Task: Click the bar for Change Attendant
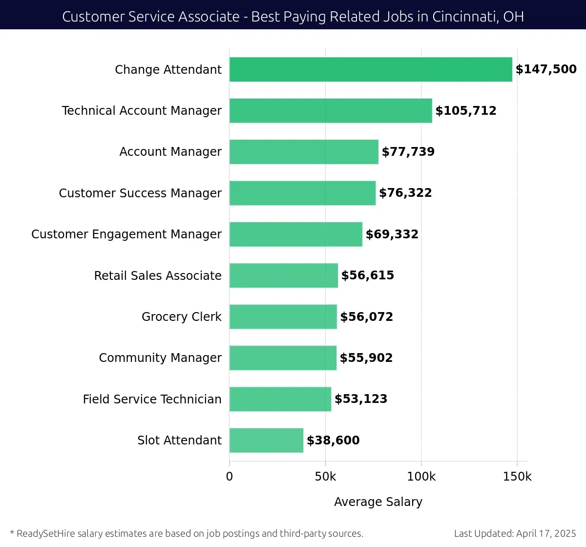[371, 69]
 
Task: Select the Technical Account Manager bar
[331, 110]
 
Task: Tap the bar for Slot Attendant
[266, 440]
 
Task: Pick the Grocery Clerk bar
[283, 316]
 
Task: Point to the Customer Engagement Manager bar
[295, 234]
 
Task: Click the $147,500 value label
[546, 69]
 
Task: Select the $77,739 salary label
[408, 152]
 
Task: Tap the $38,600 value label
[333, 441]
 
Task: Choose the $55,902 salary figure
[366, 358]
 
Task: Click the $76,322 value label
[405, 193]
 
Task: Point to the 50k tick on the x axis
[325, 477]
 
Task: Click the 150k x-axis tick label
[517, 477]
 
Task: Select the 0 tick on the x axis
[230, 477]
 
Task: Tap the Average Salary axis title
[378, 502]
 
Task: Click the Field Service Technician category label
[152, 400]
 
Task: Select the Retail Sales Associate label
[158, 276]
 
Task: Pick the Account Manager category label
[170, 152]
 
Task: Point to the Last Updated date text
[515, 533]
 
